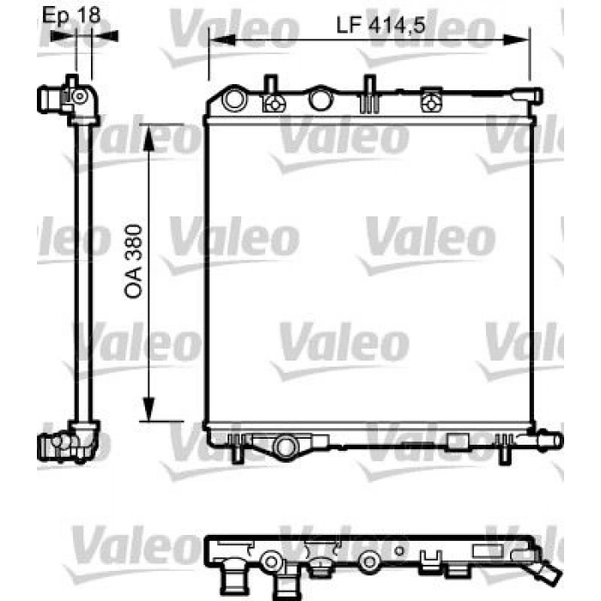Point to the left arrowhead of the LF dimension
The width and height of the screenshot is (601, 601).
[216, 39]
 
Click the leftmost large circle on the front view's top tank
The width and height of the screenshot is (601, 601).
[234, 100]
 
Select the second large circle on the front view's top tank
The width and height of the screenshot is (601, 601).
[319, 100]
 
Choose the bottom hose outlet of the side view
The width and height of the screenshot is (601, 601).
[46, 445]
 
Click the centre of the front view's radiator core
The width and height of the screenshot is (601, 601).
[369, 273]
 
